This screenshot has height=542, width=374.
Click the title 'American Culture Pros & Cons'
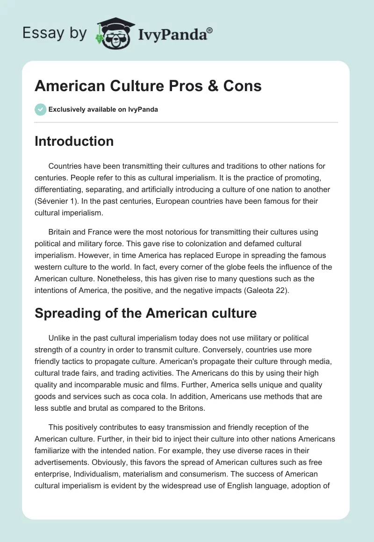click(x=148, y=86)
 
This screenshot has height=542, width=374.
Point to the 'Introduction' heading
click(x=74, y=142)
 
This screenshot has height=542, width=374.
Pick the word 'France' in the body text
click(x=101, y=233)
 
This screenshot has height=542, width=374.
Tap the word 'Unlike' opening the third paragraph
click(x=58, y=338)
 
